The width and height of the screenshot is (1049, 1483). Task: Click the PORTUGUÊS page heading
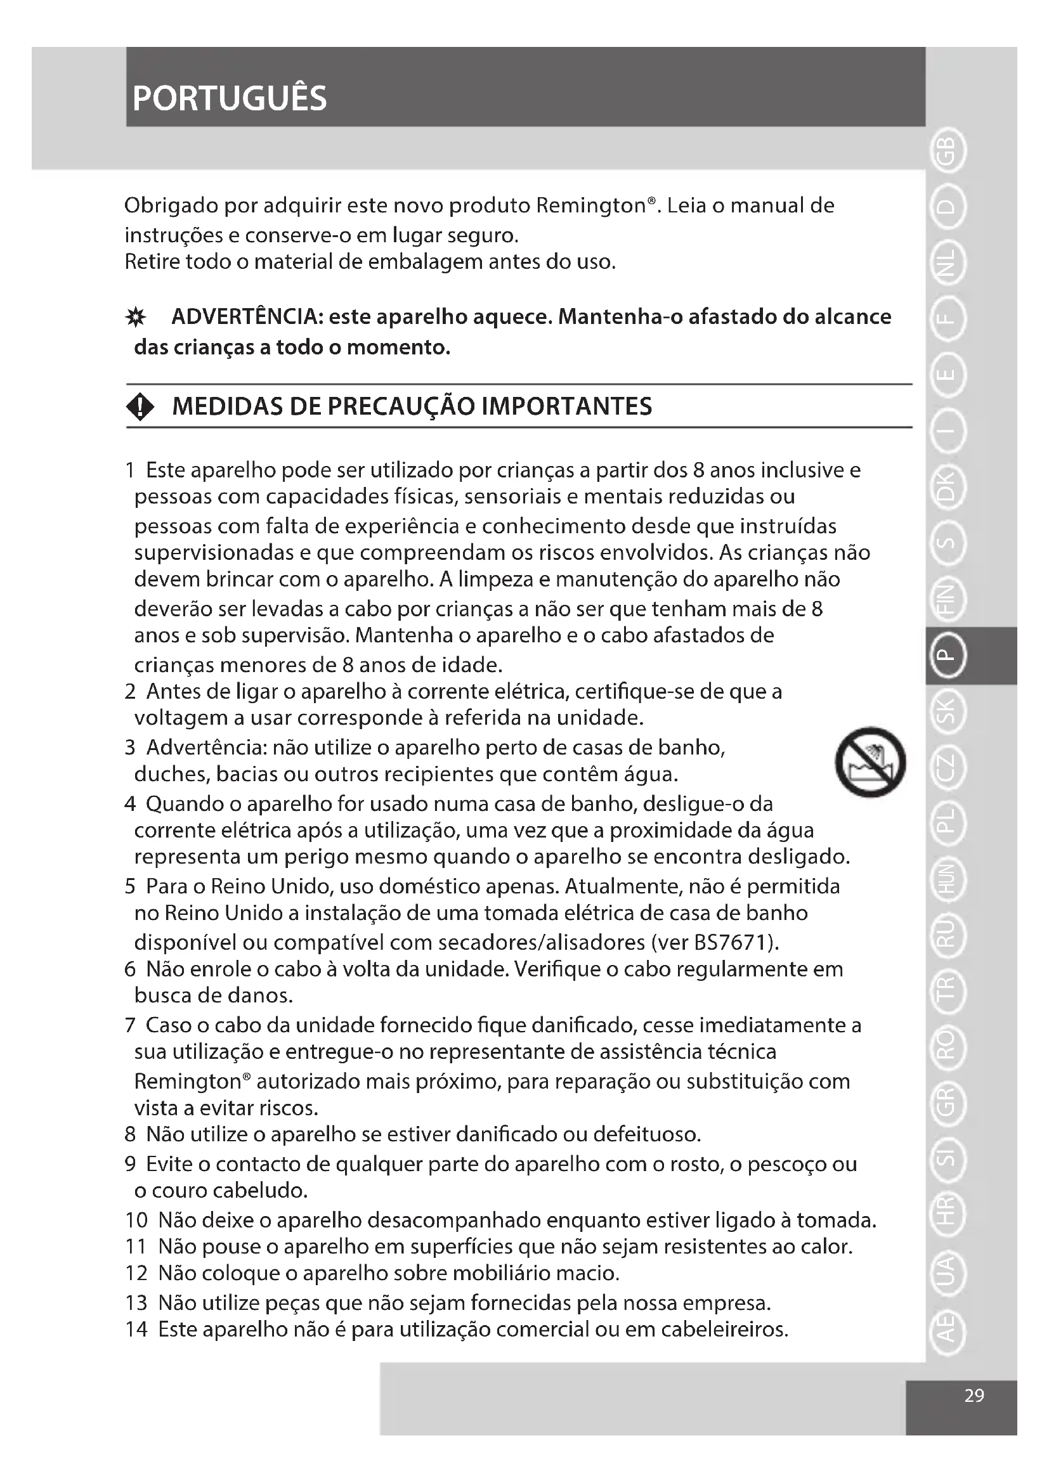[230, 99]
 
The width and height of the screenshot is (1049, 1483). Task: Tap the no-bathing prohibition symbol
[870, 762]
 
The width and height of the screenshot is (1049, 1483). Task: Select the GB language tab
[946, 153]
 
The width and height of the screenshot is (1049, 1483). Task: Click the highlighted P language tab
[946, 655]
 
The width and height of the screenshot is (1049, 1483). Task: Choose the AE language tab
[946, 1333]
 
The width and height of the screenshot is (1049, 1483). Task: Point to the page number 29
[974, 1396]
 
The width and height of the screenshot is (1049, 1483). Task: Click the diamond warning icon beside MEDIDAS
[141, 408]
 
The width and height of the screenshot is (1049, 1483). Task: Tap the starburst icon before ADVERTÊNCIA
[136, 318]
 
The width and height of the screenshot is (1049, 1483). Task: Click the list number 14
[136, 1330]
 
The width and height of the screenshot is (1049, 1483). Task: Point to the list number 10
[136, 1220]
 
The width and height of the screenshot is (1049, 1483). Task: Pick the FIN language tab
[946, 599]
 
